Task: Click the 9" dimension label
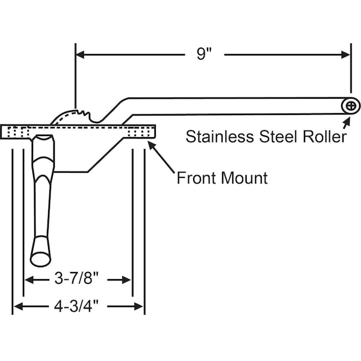point(205,54)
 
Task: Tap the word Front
point(197,178)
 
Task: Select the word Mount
point(244,178)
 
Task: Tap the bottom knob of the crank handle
point(40,258)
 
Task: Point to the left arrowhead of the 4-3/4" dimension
point(17,306)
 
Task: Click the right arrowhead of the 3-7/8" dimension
point(127,279)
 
